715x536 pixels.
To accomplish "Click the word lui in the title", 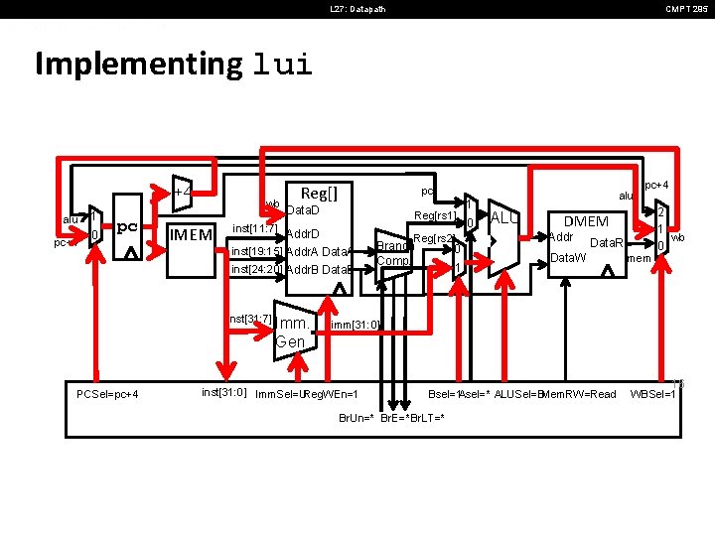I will [283, 66].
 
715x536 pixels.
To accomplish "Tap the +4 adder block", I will [183, 192].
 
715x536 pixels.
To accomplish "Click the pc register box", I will [127, 228].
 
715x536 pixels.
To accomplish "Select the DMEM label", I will [586, 221].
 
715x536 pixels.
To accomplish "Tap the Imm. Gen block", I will [294, 332].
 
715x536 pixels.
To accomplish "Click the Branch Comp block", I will [393, 253].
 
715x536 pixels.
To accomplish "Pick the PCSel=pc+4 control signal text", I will [108, 394].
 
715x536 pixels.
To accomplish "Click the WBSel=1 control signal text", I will [652, 394].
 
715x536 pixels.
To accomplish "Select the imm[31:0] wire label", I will [353, 325].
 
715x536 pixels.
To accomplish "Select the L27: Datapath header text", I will [357, 10].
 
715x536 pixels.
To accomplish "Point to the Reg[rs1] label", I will [434, 215].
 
